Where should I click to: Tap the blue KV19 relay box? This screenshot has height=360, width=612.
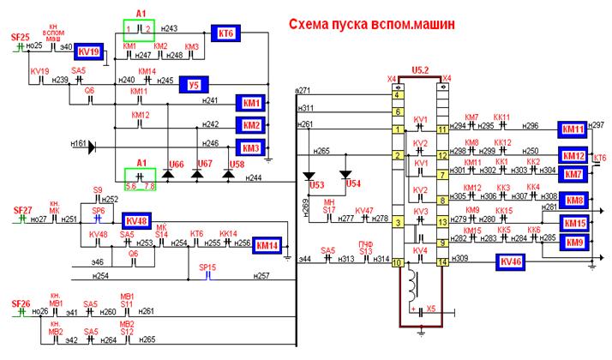[x=87, y=51]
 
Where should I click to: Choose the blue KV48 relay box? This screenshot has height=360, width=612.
[x=135, y=219]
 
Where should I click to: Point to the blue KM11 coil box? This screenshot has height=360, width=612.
[x=572, y=129]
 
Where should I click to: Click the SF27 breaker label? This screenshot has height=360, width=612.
[x=21, y=209]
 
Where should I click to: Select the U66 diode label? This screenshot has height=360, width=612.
[x=177, y=163]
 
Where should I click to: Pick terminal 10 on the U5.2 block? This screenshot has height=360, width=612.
[x=397, y=263]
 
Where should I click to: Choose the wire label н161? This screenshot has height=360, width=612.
[x=75, y=144]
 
